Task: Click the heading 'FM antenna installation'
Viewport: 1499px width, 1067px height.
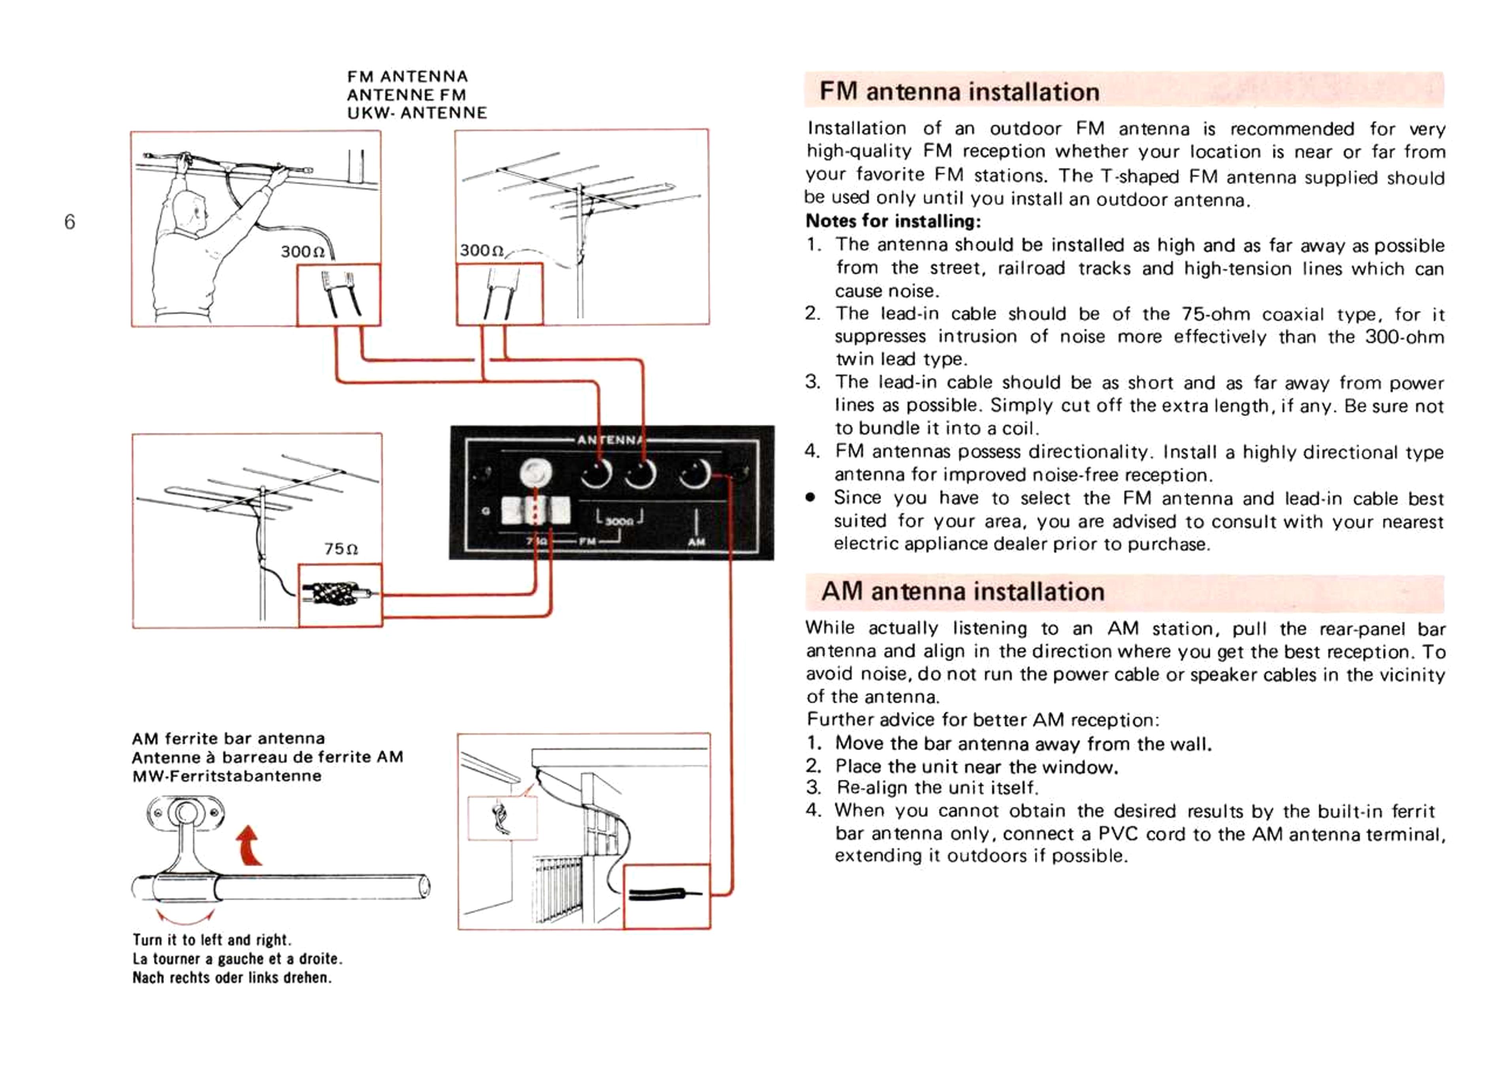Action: click(959, 91)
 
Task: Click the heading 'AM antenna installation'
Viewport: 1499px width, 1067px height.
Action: click(962, 591)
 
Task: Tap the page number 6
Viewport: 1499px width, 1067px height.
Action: click(70, 222)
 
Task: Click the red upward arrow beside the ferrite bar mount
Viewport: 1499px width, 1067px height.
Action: click(250, 846)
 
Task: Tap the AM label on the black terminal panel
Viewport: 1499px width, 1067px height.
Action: click(696, 542)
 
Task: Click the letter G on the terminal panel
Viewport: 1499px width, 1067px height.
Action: click(486, 511)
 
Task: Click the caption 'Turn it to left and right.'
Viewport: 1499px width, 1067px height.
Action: click(211, 939)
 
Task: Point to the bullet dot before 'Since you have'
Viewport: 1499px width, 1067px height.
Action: click(812, 498)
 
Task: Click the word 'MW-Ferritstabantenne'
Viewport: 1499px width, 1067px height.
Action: click(227, 776)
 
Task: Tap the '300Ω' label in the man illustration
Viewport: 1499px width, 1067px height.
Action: click(303, 252)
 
